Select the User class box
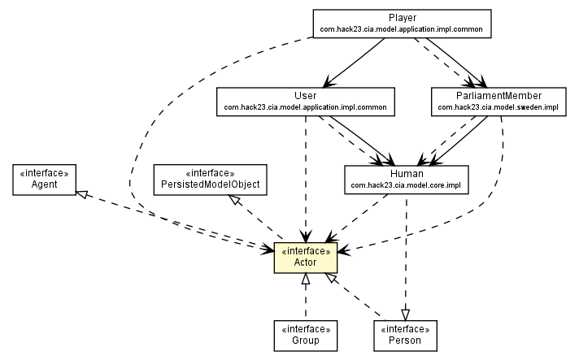[x=304, y=100]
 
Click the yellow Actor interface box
[x=305, y=257]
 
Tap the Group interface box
[x=305, y=335]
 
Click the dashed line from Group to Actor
[x=305, y=301]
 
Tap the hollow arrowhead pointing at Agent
[x=81, y=193]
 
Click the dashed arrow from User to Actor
[x=305, y=179]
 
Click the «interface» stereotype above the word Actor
[x=305, y=251]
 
